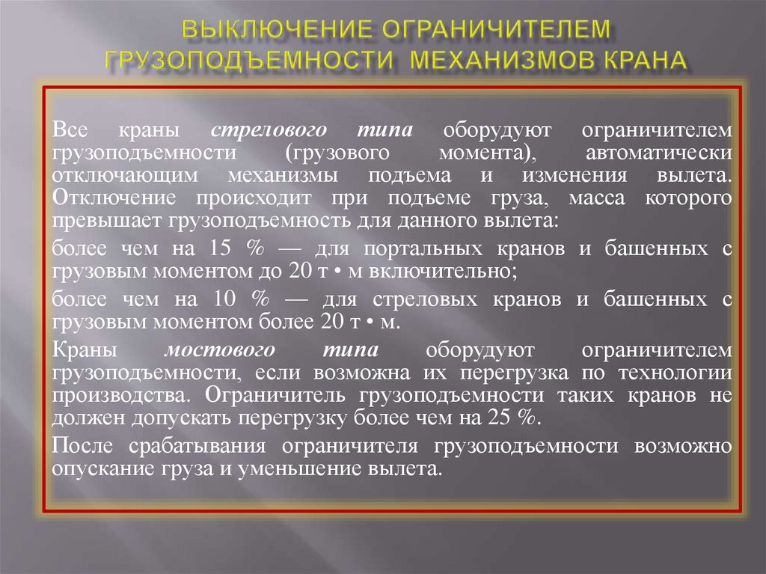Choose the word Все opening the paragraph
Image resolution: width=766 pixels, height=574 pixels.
coord(71,130)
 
